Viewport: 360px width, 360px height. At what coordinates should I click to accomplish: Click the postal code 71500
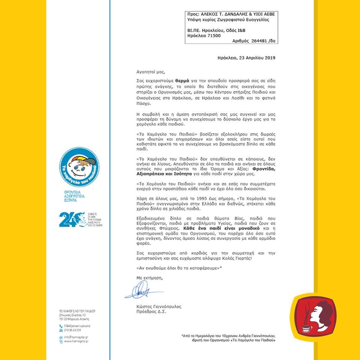click(213, 36)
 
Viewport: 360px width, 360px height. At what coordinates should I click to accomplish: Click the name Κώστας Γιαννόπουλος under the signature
click(159, 306)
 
